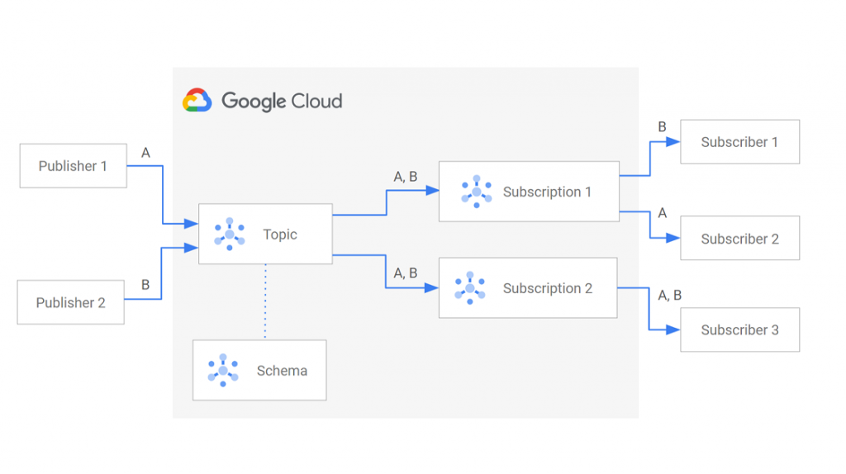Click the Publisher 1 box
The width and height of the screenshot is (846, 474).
pos(73,166)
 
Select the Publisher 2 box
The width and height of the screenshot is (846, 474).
pos(71,302)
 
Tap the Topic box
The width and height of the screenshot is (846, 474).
pos(265,234)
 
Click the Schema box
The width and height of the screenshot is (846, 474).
pos(259,370)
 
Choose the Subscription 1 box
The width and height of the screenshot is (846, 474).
pos(529,192)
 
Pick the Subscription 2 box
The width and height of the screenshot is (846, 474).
pos(528,288)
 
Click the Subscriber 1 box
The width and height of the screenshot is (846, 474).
pos(739,142)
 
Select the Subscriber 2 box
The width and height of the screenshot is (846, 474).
pos(739,239)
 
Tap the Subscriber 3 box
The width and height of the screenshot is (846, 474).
pos(739,329)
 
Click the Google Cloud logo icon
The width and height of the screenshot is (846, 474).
pos(197,101)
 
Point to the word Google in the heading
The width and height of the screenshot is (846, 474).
pos(253,102)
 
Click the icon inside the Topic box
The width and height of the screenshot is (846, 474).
pos(229,234)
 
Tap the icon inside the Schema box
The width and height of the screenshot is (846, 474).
pos(223,370)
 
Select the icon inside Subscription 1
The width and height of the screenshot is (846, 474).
pos(477,192)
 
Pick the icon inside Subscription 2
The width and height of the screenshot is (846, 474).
pos(470,288)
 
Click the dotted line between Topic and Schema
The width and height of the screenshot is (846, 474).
pos(265,301)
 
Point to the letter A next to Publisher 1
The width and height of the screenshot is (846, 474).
pos(146,153)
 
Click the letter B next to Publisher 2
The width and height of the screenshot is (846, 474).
pos(145,285)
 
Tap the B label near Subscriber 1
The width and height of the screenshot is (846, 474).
pos(662,127)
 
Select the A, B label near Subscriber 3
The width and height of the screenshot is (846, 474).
pos(669,295)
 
